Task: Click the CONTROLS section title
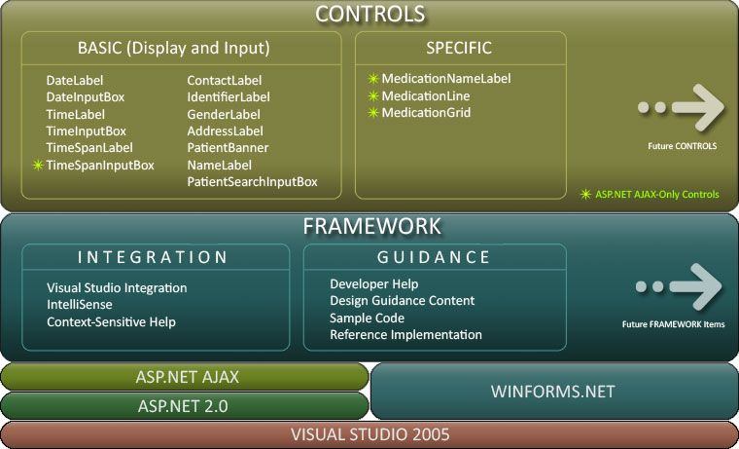[x=370, y=14]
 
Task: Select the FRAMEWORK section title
[x=371, y=226]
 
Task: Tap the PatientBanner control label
[x=228, y=148]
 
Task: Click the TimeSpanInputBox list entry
[x=100, y=166]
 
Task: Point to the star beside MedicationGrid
[x=372, y=113]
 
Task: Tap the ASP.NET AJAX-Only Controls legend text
[x=656, y=195]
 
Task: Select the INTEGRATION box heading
[x=153, y=257]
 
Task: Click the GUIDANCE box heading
[x=434, y=257]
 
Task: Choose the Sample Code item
[x=367, y=318]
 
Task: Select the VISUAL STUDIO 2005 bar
[x=370, y=434]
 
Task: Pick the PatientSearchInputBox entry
[x=252, y=182]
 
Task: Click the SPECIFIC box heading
[x=459, y=48]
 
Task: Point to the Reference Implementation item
[x=405, y=335]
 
